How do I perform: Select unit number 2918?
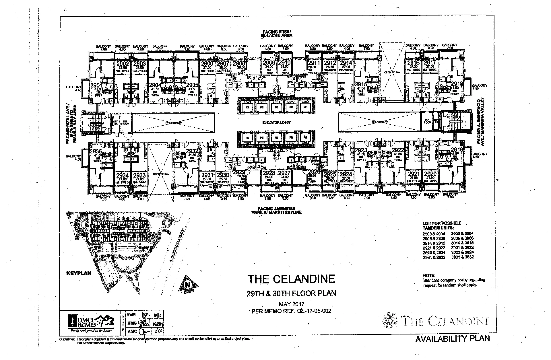click(457, 84)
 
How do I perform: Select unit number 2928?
click(269, 173)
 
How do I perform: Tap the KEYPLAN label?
click(79, 273)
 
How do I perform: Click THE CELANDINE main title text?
click(291, 279)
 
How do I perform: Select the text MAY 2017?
click(291, 304)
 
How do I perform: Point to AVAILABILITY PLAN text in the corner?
click(453, 338)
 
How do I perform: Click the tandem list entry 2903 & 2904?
click(434, 234)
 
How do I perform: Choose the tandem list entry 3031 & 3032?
click(462, 257)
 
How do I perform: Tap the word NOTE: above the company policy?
click(429, 275)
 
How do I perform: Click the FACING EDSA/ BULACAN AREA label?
click(276, 34)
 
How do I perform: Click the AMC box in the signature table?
click(132, 331)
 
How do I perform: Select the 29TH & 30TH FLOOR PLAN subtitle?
click(291, 293)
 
